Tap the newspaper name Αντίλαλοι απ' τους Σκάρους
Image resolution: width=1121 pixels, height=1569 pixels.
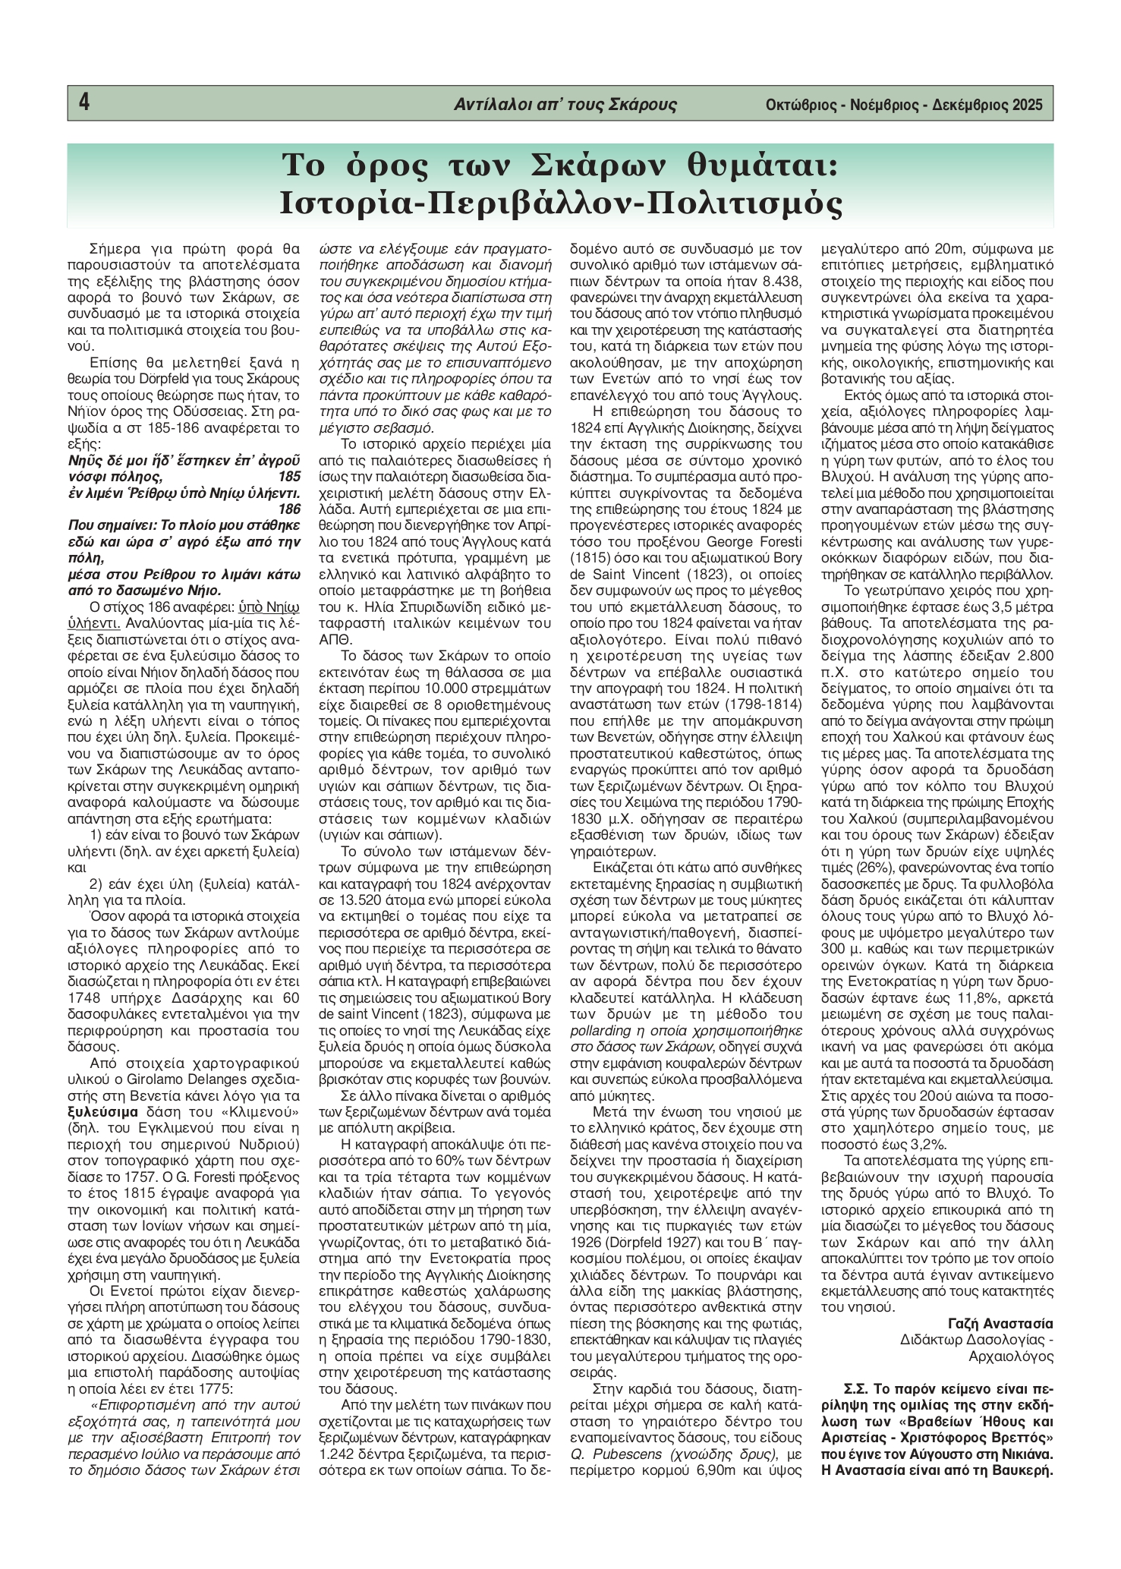click(565, 105)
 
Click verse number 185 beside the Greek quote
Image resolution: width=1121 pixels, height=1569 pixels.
click(290, 477)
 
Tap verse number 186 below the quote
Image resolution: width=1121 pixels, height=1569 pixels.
click(290, 508)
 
